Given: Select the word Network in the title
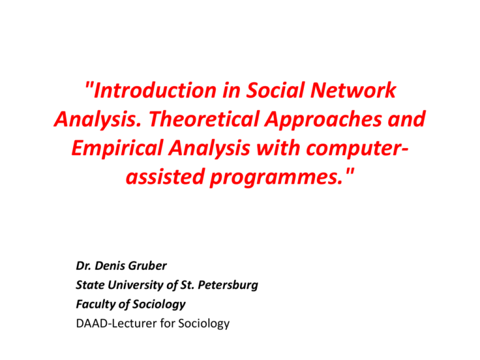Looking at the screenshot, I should [x=356, y=91].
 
